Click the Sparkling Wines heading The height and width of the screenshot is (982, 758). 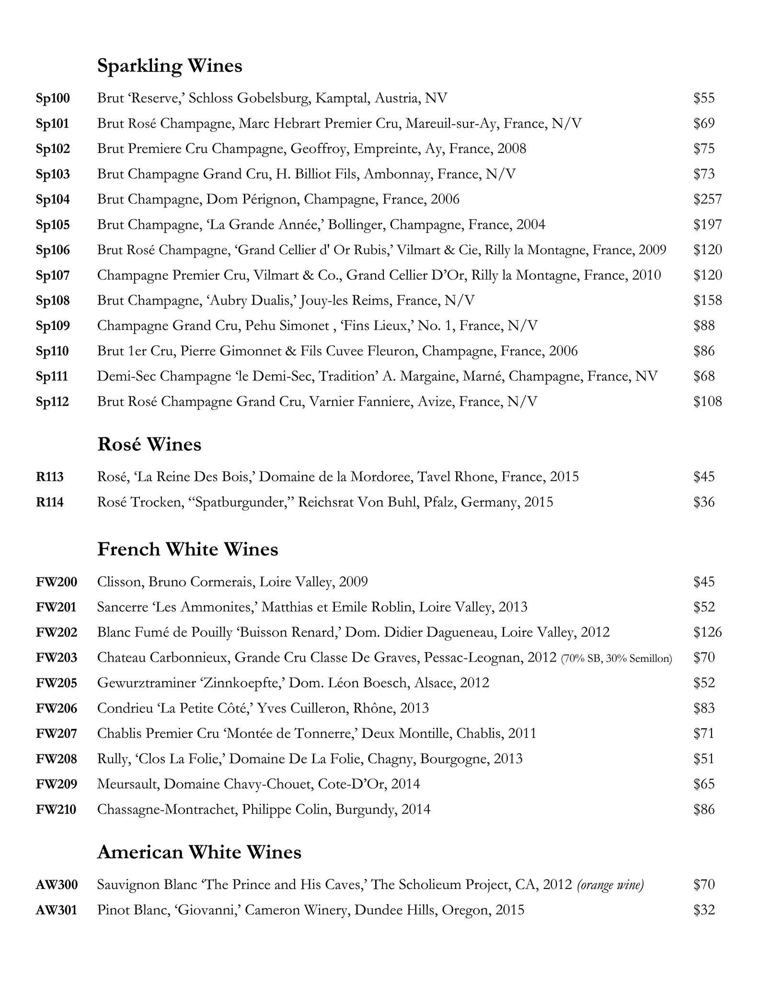point(170,66)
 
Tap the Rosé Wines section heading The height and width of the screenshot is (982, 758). point(149,444)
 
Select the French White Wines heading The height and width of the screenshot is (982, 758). point(187,549)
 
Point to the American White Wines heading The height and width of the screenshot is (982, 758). point(199,852)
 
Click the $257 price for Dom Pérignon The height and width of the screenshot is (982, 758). point(707,199)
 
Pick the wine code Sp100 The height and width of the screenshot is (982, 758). point(53,98)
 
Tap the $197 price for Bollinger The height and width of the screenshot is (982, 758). point(707,224)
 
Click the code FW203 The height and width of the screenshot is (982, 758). point(57,657)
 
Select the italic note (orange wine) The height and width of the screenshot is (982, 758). point(610,885)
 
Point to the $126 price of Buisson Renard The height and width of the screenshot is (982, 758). point(707,632)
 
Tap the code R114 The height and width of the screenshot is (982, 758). point(50,502)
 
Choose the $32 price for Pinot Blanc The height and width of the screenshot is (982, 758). point(704,910)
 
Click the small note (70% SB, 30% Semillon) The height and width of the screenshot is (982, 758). point(616,658)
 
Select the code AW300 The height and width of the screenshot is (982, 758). point(57,885)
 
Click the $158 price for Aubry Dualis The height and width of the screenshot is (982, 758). point(707,300)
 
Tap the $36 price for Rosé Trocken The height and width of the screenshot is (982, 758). point(704,502)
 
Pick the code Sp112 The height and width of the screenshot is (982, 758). point(53,401)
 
